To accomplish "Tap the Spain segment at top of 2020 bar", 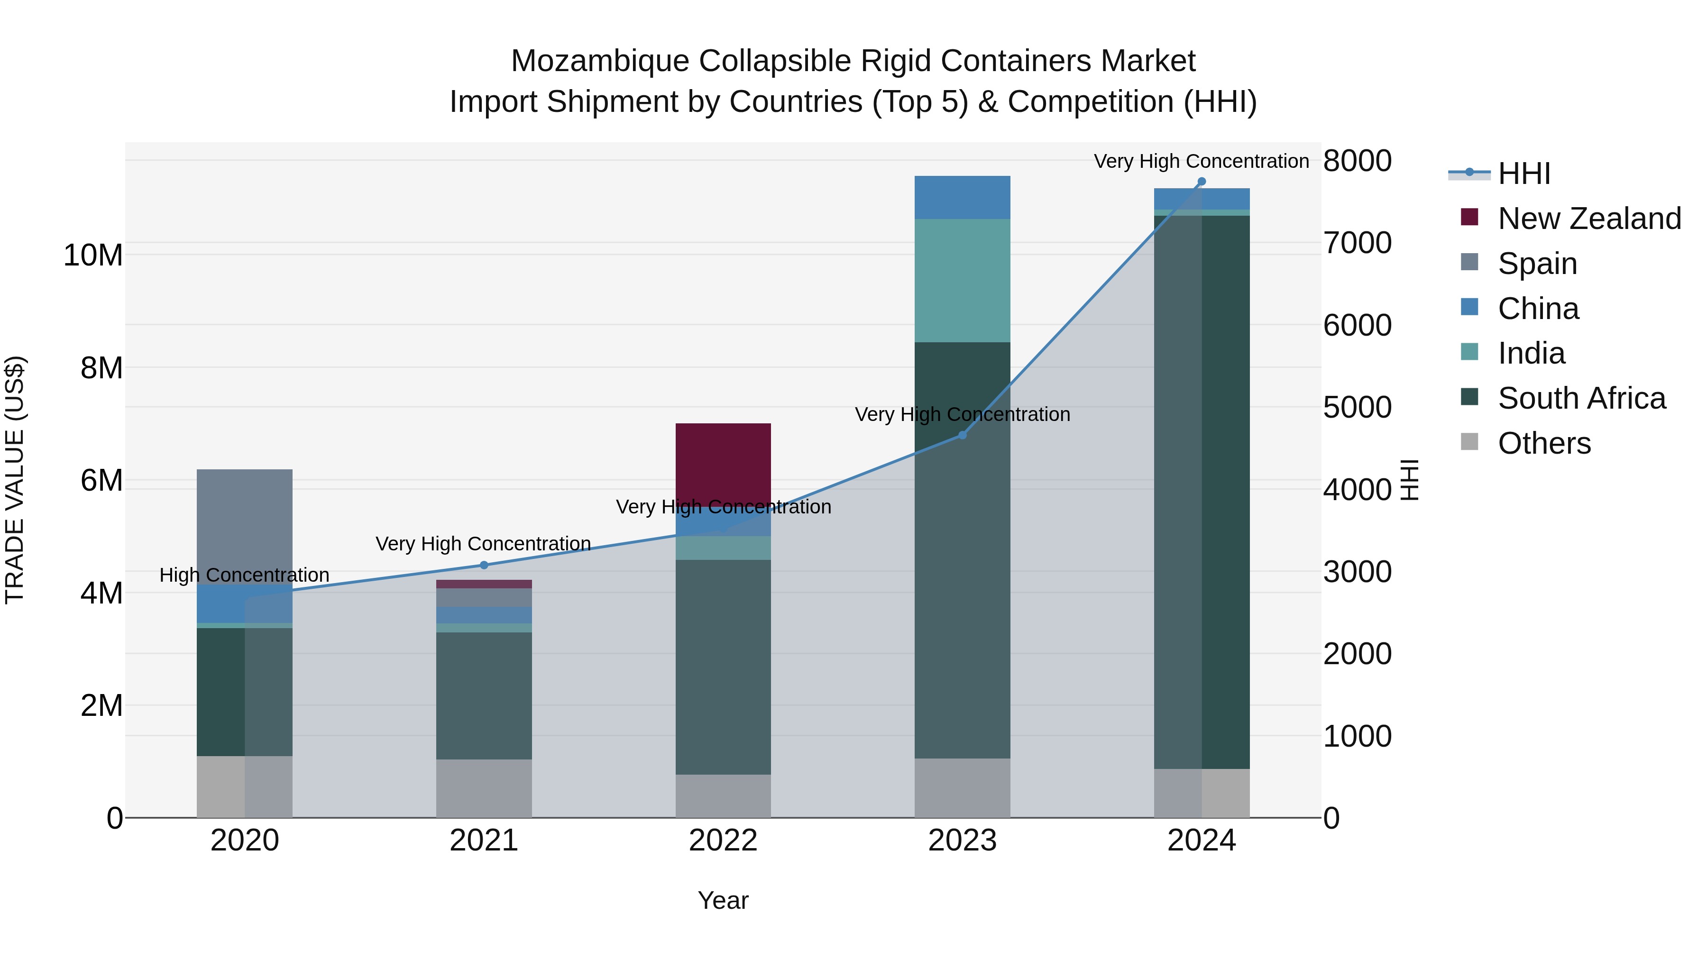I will (245, 523).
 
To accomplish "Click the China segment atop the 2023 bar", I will (962, 197).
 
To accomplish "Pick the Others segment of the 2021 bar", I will (484, 788).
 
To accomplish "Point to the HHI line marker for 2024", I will (1202, 182).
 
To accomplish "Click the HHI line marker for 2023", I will (962, 435).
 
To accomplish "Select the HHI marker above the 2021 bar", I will (484, 565).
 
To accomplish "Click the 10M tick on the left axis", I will (93, 255).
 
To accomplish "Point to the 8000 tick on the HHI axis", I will (1357, 161).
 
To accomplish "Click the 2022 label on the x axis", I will (723, 841).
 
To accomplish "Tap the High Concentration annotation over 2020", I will (245, 575).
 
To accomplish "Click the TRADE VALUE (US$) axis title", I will (15, 480).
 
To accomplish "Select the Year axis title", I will (723, 900).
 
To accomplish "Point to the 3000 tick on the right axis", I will (1357, 572).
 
